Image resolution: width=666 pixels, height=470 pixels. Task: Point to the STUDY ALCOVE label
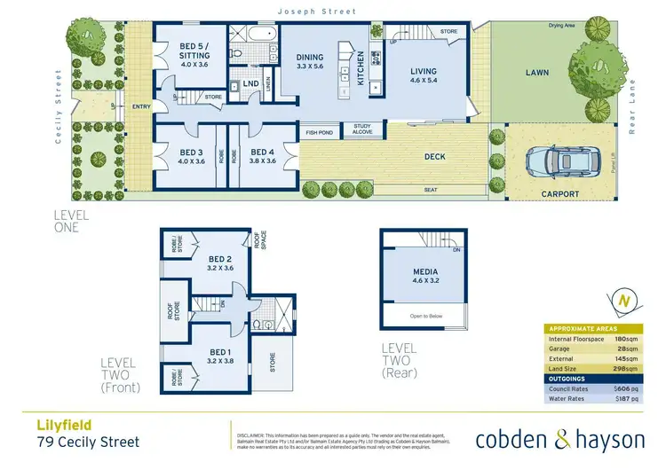(361, 130)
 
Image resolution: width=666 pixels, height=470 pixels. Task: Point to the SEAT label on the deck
(430, 188)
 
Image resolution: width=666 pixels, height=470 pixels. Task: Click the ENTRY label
(140, 107)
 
